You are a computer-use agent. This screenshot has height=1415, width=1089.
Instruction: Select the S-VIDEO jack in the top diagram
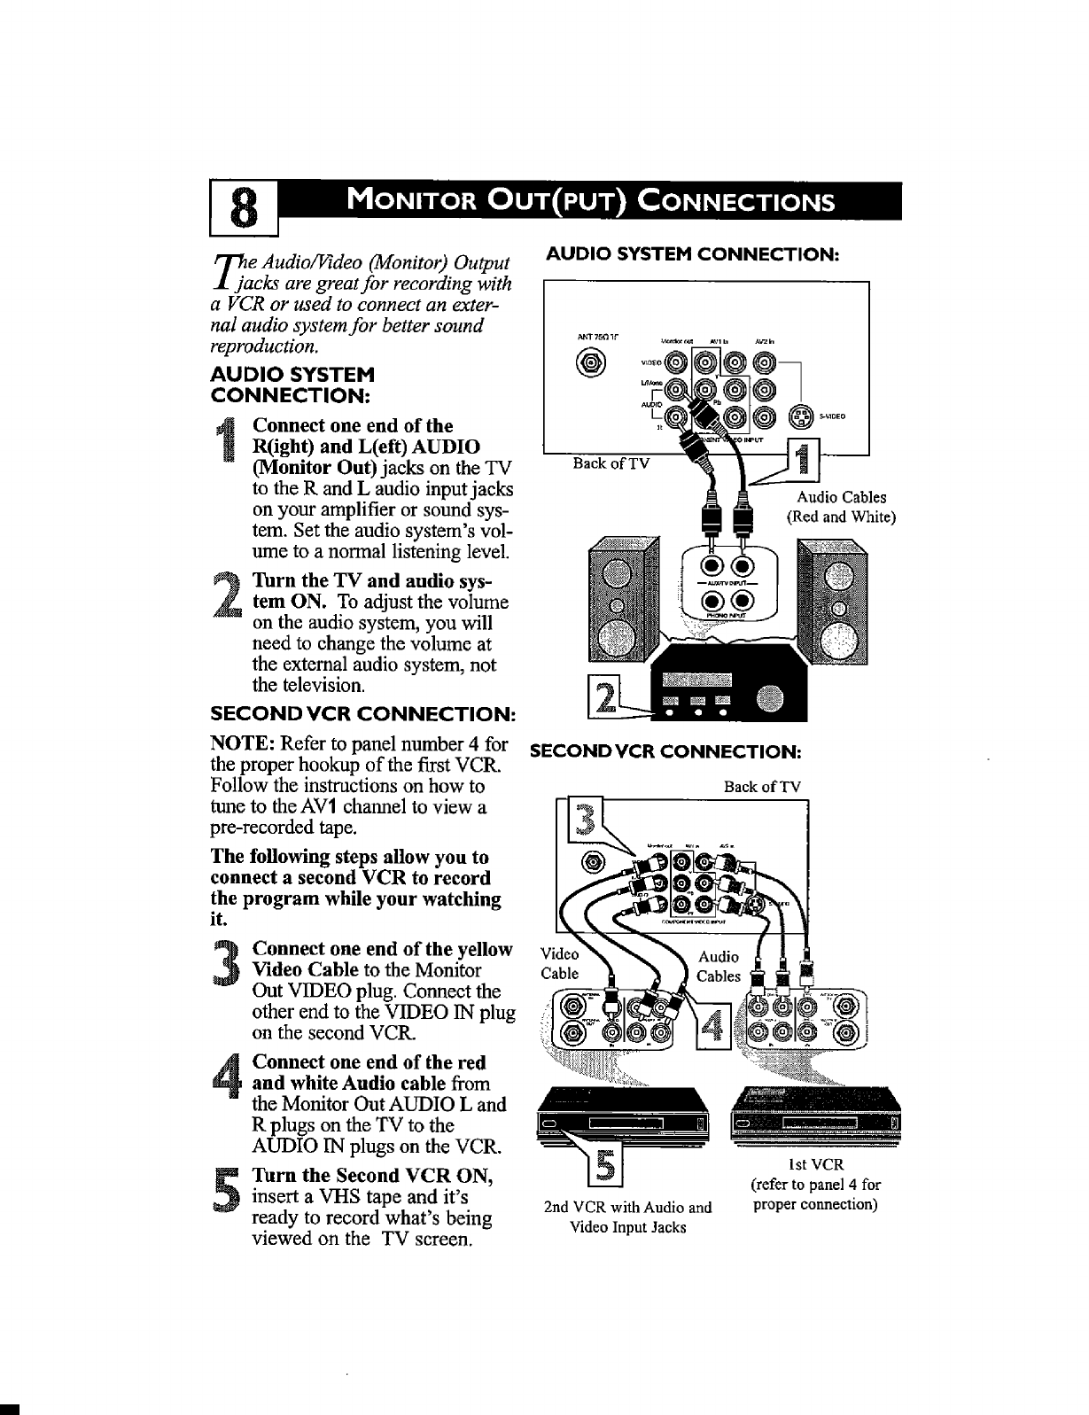[x=799, y=416]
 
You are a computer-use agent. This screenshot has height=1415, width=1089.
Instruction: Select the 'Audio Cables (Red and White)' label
[x=842, y=507]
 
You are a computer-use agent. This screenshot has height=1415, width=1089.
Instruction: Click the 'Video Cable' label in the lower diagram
[x=560, y=964]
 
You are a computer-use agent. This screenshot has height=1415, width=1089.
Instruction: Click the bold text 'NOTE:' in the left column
[x=237, y=743]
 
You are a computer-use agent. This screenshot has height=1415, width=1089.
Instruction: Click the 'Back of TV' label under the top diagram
[x=611, y=463]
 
